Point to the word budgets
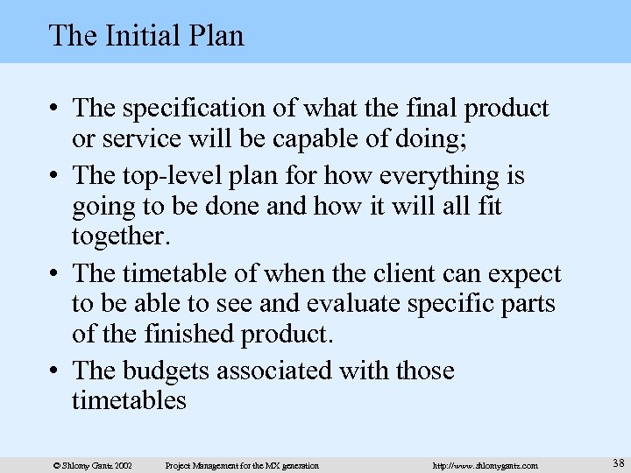point(170,371)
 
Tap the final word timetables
point(131,400)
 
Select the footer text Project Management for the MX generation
point(242,463)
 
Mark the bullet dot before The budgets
point(54,372)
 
